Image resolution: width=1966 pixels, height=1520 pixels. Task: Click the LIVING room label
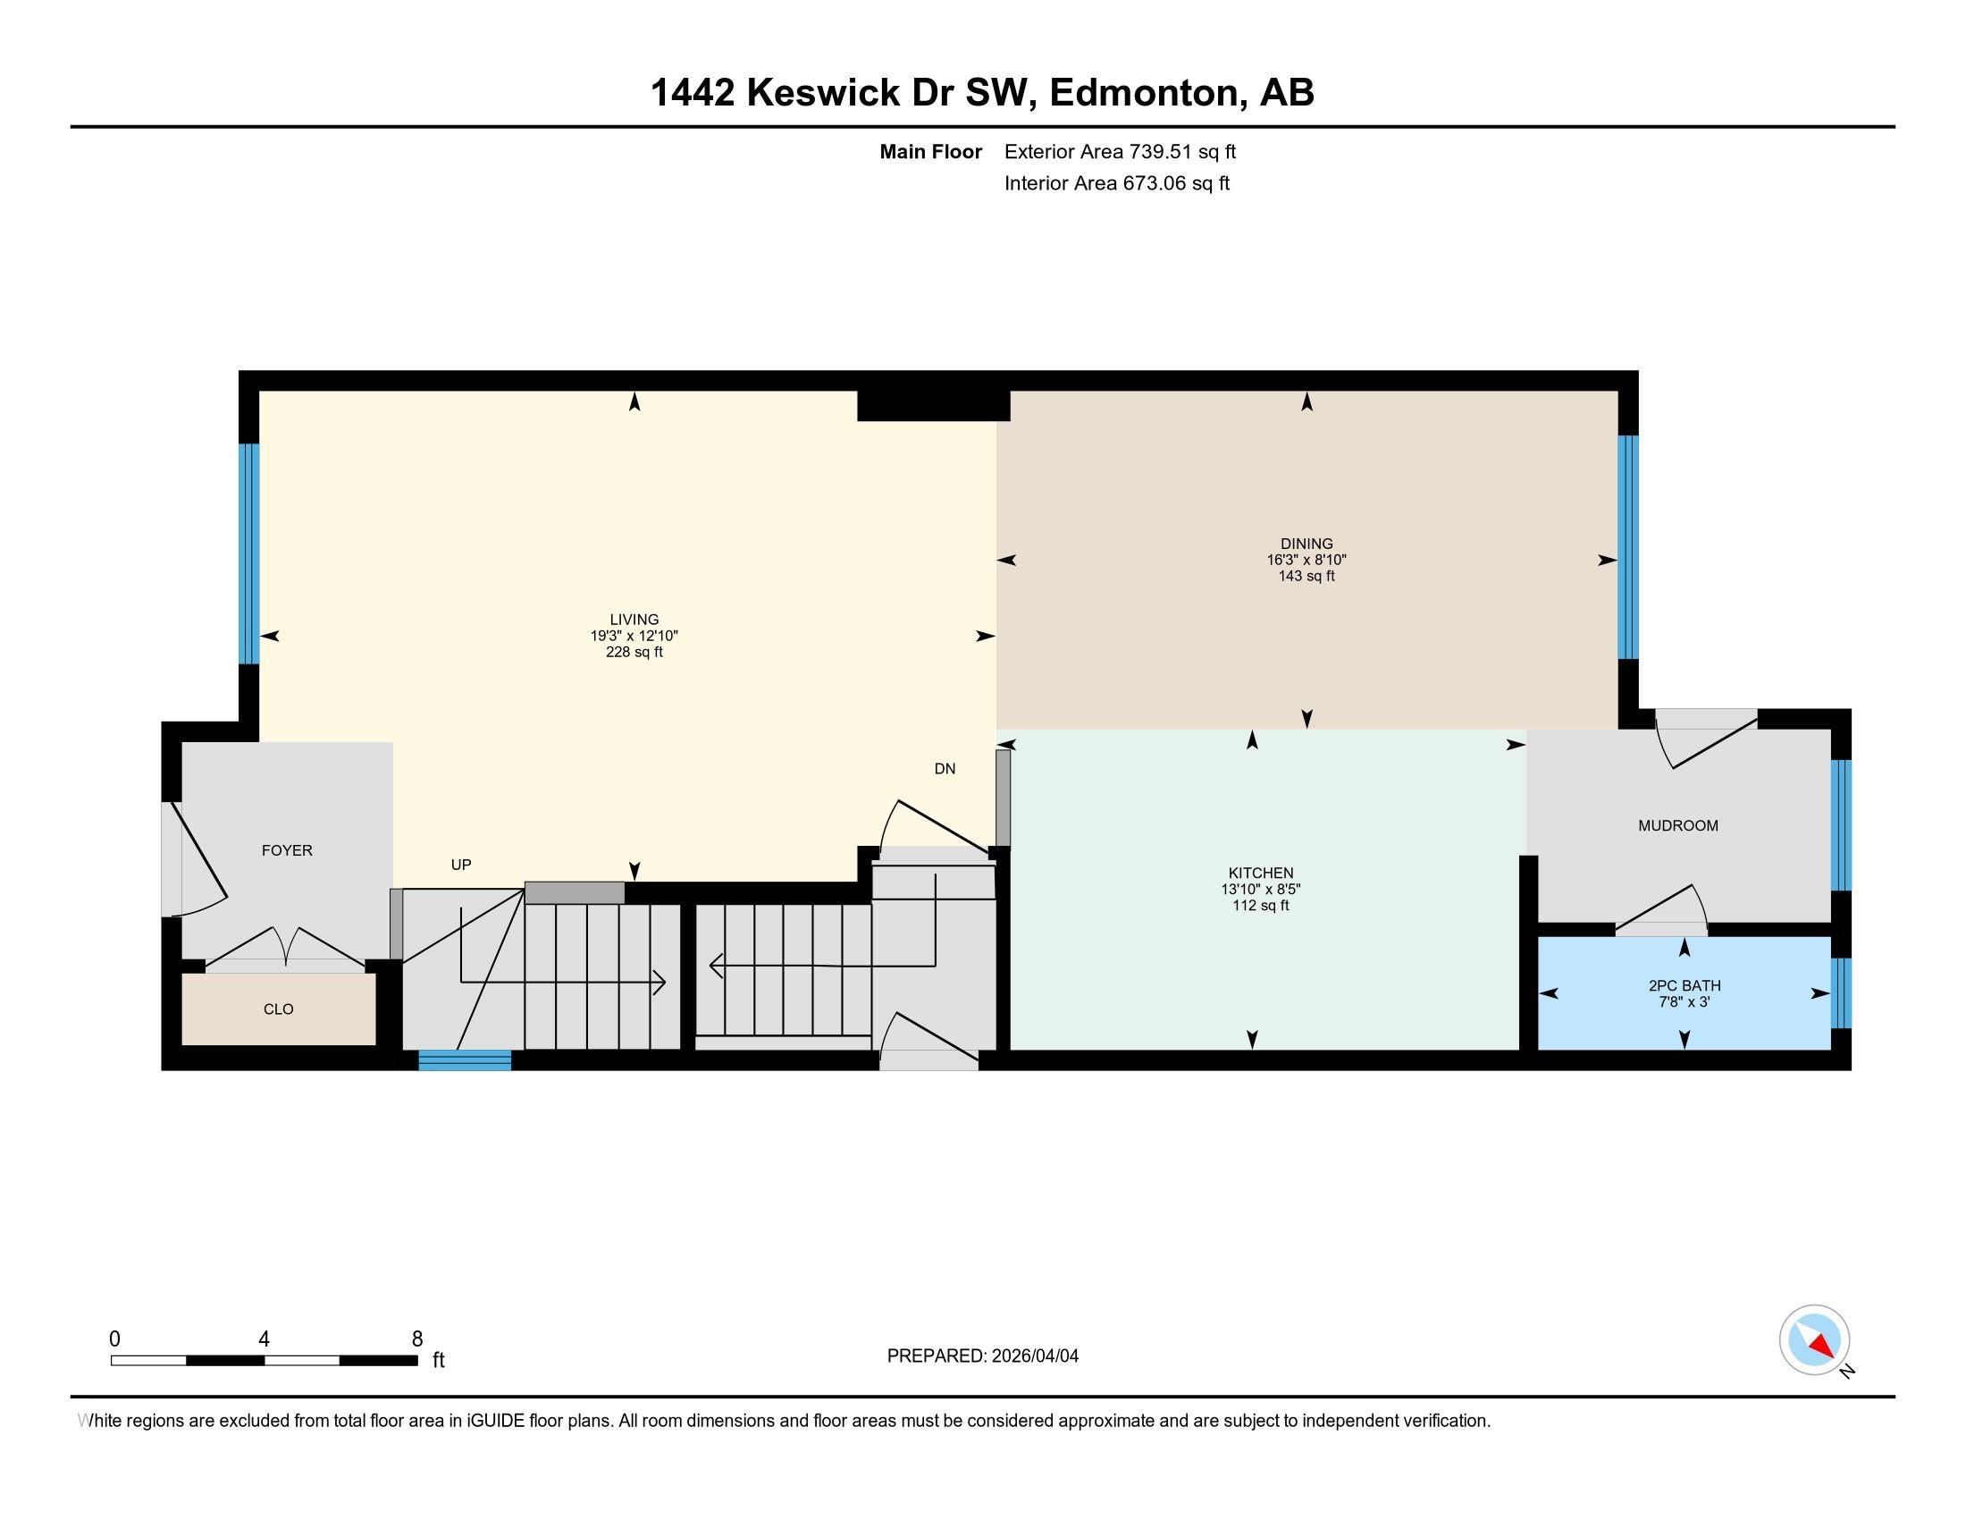click(634, 620)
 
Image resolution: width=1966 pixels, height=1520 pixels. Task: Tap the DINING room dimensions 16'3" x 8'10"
click(1306, 560)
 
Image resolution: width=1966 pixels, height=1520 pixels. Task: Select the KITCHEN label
click(1260, 873)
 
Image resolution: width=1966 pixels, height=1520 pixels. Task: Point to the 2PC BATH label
click(1685, 985)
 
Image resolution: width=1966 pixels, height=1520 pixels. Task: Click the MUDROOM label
click(1678, 826)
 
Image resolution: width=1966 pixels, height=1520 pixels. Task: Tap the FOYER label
click(286, 850)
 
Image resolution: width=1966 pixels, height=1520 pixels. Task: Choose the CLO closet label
click(278, 1009)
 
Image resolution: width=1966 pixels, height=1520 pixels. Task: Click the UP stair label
click(461, 865)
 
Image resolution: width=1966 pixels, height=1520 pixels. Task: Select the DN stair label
click(945, 769)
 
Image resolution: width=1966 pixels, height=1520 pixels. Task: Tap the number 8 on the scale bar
click(416, 1339)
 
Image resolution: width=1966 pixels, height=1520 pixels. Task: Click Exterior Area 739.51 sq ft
click(1120, 152)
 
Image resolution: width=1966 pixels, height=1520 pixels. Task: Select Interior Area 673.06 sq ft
click(1116, 183)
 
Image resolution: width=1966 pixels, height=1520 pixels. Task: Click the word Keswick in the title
click(823, 93)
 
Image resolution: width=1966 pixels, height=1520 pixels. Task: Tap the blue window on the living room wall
click(249, 553)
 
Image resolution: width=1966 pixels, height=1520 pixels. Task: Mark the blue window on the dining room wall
click(1627, 547)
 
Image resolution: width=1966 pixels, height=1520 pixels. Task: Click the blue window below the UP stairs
click(465, 1060)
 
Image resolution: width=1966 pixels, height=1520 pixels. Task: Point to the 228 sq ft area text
click(634, 652)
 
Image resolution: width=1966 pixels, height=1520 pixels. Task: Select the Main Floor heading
click(930, 152)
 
